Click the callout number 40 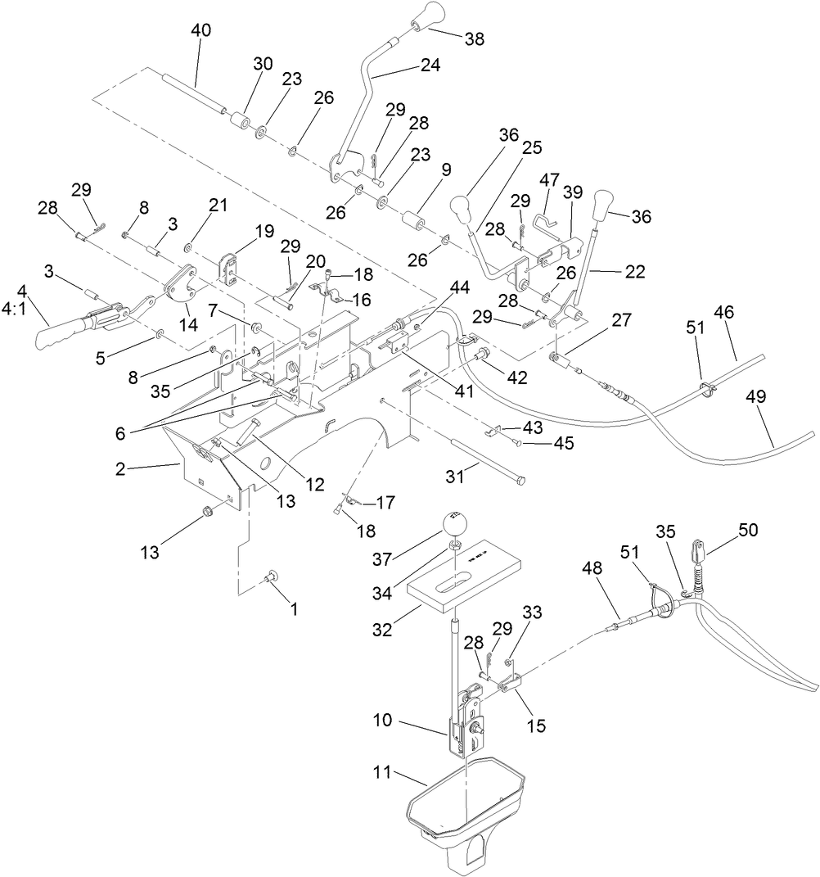pyautogui.click(x=200, y=30)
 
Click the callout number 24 pyautogui.click(x=430, y=66)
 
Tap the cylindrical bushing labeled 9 pyautogui.click(x=415, y=224)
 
